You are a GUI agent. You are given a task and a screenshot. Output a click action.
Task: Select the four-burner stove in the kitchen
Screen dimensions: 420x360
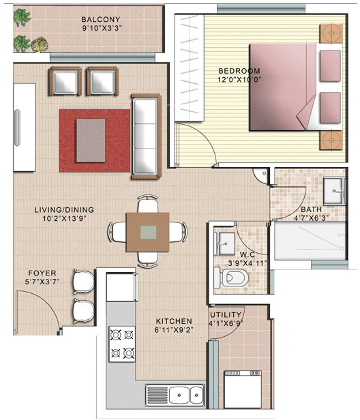coord(121,344)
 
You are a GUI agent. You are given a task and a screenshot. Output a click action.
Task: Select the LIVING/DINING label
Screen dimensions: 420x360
coord(64,210)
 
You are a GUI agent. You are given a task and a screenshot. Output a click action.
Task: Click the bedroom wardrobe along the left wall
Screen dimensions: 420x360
coord(187,68)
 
